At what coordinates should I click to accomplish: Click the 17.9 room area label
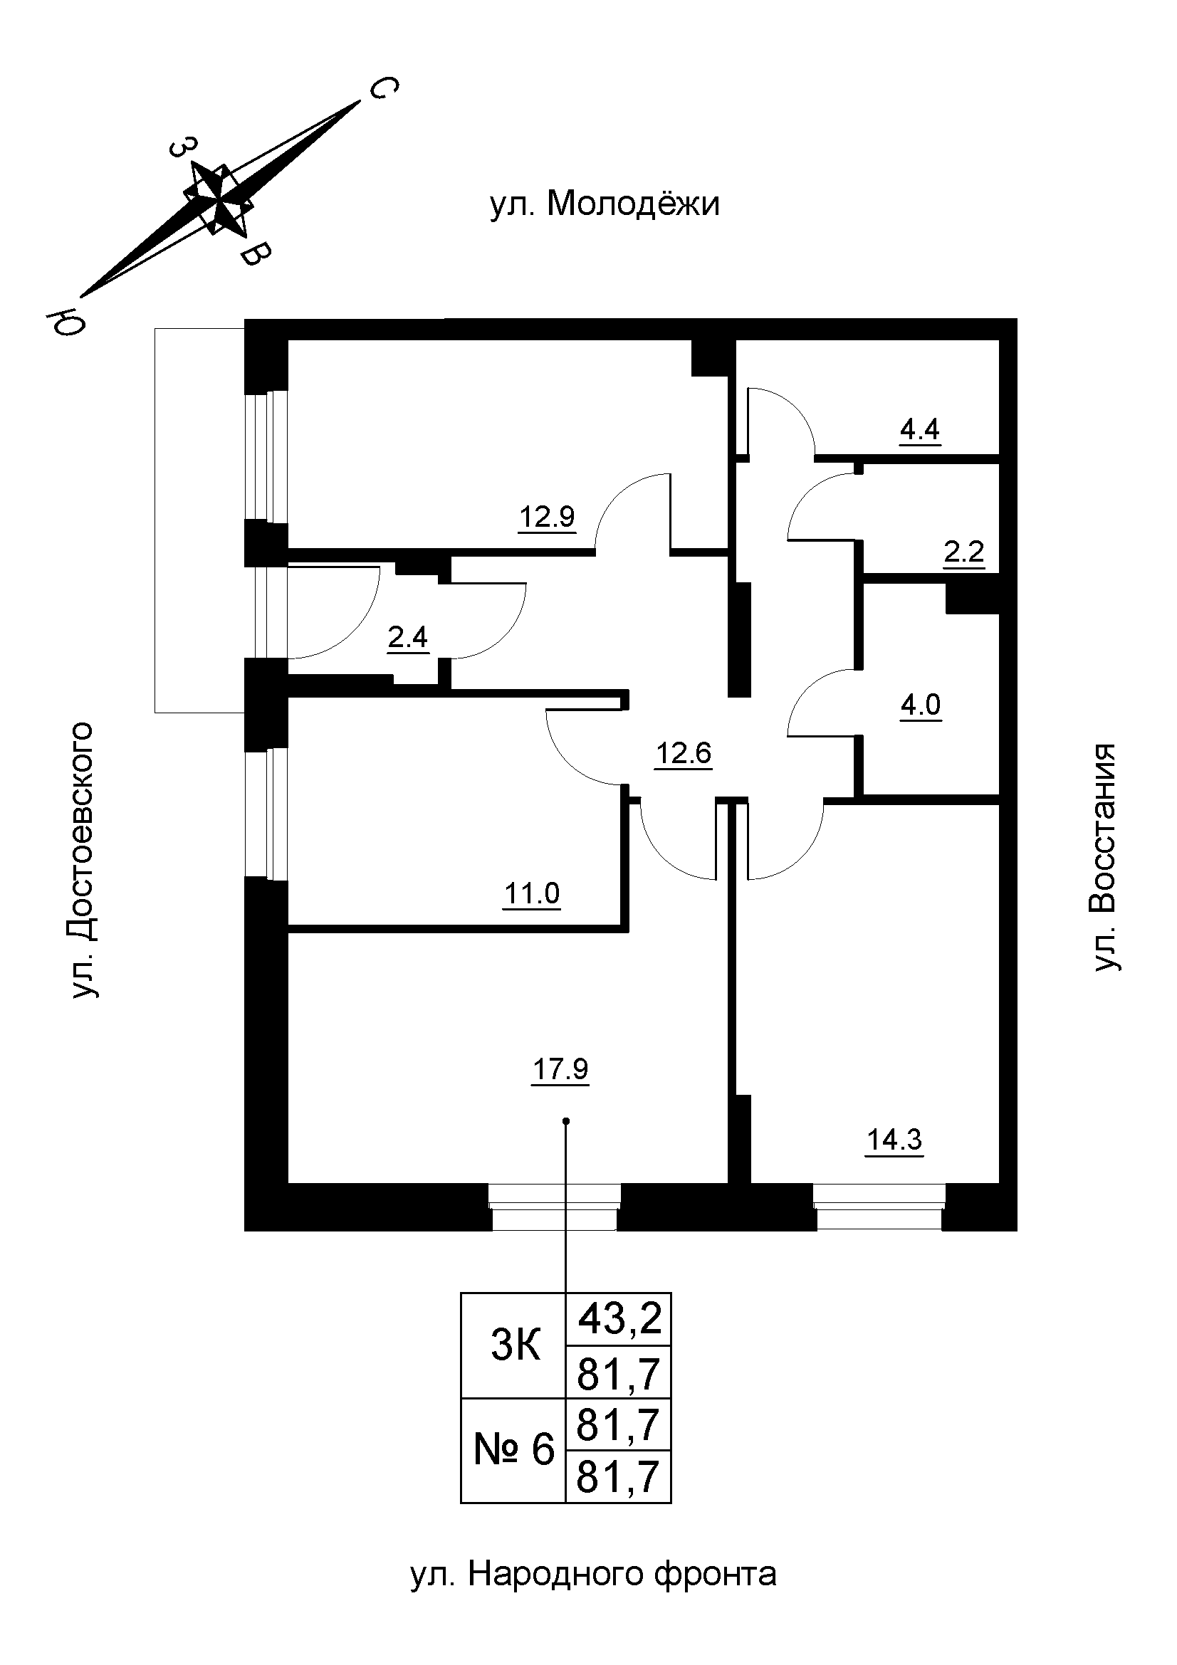pyautogui.click(x=560, y=1069)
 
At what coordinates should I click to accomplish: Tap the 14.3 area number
pyautogui.click(x=894, y=1140)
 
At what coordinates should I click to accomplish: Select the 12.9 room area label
pyautogui.click(x=546, y=517)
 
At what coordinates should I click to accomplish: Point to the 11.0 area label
pyautogui.click(x=532, y=894)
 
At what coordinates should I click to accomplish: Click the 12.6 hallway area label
pyautogui.click(x=683, y=753)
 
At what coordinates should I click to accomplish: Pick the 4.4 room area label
pyautogui.click(x=919, y=430)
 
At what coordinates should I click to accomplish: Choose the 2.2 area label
pyautogui.click(x=964, y=552)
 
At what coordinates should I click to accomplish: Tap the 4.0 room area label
pyautogui.click(x=920, y=704)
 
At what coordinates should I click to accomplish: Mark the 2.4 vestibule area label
pyautogui.click(x=407, y=638)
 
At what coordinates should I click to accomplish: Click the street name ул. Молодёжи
pyautogui.click(x=605, y=204)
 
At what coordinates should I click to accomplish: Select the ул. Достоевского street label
pyautogui.click(x=83, y=859)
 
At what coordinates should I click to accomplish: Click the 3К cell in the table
pyautogui.click(x=516, y=1347)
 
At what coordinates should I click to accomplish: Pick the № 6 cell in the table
pyautogui.click(x=514, y=1450)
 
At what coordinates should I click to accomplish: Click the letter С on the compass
pyautogui.click(x=382, y=89)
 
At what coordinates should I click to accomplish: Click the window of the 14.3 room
pyautogui.click(x=879, y=1207)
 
